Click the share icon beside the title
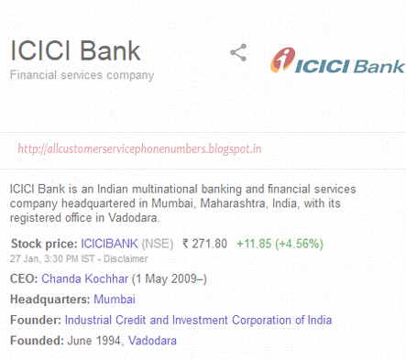[x=238, y=52]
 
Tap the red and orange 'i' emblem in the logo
[x=283, y=60]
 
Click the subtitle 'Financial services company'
[x=82, y=75]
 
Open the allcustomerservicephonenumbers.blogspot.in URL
[x=139, y=148]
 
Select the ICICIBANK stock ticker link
[x=109, y=244]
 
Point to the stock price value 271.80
[x=205, y=244]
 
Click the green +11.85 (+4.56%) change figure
[x=280, y=244]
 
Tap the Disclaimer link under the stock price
[x=126, y=259]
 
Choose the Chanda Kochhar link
[x=85, y=278]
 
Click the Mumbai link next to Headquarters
[x=115, y=300]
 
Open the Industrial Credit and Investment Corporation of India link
[x=198, y=320]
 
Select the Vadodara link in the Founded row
[x=152, y=341]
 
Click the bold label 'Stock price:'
[x=45, y=244]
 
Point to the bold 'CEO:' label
[x=24, y=278]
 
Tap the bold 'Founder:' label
[x=36, y=320]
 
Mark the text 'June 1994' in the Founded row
[x=94, y=341]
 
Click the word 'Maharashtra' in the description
[x=233, y=203]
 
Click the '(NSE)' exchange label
[x=158, y=244]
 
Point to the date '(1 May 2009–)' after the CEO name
[x=170, y=279]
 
